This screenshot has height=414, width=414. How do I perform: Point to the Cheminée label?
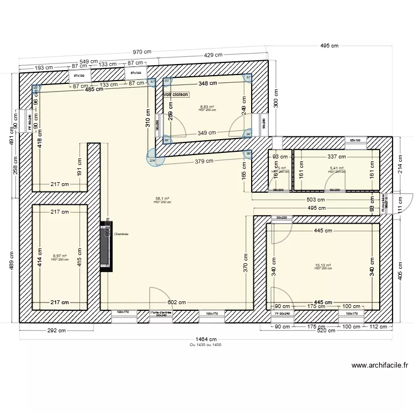coord(121,234)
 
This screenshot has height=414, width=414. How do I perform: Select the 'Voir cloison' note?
coord(176,94)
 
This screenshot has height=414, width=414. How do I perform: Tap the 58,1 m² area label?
coord(162,198)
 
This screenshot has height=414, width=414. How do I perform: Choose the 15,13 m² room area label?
coord(323,265)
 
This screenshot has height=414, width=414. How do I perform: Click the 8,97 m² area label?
coord(60,256)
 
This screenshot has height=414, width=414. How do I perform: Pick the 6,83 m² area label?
coord(207,107)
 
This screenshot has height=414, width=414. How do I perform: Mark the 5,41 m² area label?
coord(337,168)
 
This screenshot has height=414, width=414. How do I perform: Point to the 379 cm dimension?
coord(204,161)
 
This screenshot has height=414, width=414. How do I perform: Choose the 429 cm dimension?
coord(214,55)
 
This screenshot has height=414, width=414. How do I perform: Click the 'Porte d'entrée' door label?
coord(161,313)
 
